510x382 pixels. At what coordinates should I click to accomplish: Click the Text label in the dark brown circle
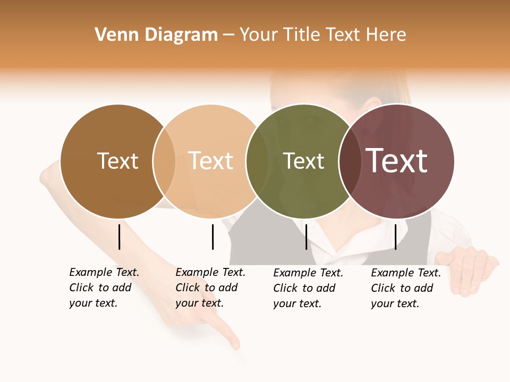pos(117,161)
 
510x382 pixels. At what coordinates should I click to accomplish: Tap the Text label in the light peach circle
pos(211,161)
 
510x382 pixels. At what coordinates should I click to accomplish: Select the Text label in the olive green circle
pos(303,161)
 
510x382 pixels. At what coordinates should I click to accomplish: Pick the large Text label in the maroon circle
pos(397,161)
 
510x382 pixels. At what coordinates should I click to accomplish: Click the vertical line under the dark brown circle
pos(120,237)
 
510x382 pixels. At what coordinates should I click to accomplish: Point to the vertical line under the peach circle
pos(212,237)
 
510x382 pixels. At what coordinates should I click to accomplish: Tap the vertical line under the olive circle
pos(306,237)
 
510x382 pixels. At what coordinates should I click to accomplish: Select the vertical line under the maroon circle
pos(395,237)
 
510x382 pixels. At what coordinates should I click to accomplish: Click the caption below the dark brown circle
pos(104,288)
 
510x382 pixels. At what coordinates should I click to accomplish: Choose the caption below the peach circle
pos(210,288)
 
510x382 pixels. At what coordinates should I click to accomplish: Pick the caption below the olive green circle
pos(308,288)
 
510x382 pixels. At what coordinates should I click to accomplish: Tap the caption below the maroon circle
pos(405,288)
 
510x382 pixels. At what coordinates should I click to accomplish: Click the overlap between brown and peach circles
pos(164,161)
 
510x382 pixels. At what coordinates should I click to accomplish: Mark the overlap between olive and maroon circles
pos(350,161)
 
